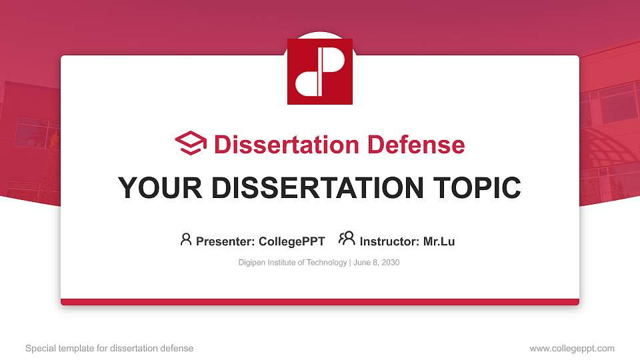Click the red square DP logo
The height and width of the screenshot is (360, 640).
coord(320,71)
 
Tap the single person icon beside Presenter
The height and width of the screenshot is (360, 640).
coord(186,239)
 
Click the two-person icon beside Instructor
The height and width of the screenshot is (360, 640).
coord(347,239)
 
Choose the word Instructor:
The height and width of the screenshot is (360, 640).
coord(389,241)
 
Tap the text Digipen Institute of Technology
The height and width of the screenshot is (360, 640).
coord(293,263)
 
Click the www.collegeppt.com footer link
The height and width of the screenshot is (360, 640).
coord(571,348)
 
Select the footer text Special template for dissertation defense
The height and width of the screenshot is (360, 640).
coord(109,348)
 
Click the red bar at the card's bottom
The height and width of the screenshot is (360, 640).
coord(320,302)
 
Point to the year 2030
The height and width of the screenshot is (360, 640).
coord(390,263)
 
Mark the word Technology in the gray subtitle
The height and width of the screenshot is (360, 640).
coord(327,263)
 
